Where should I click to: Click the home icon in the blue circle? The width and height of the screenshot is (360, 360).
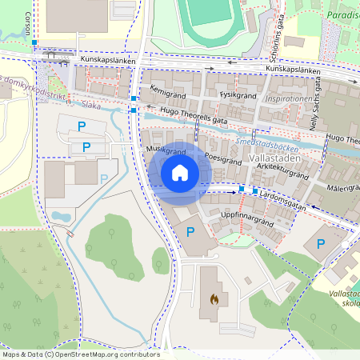tap(179, 173)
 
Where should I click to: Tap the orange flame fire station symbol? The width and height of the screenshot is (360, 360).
tap(213, 298)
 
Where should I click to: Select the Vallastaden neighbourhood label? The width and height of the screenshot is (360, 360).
tap(274, 159)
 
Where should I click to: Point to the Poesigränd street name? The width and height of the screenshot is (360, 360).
tap(223, 158)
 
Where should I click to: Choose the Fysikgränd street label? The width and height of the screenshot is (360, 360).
tap(236, 94)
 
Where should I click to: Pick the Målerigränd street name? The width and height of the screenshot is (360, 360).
tap(343, 189)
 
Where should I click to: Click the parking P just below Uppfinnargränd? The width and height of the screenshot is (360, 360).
tap(190, 232)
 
